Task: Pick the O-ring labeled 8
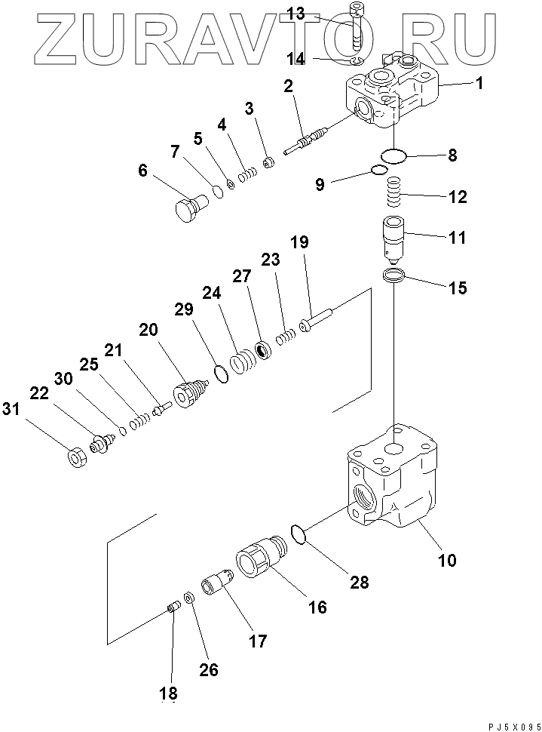pos(393,156)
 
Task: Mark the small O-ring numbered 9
pos(379,171)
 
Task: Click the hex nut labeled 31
pos(75,457)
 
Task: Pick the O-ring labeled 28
pos(299,535)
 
